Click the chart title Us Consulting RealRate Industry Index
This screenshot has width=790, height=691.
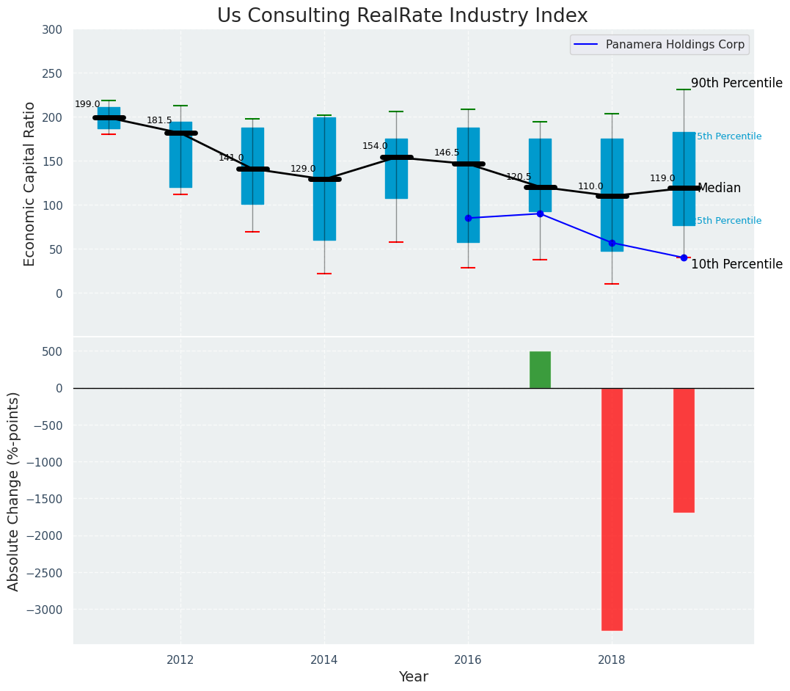[402, 16]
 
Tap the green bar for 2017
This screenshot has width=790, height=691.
[540, 370]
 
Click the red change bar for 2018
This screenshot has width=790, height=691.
[612, 509]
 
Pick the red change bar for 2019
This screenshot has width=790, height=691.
[684, 450]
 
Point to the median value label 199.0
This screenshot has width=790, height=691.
[87, 105]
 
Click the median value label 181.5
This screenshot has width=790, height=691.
[159, 121]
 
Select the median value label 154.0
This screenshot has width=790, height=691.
[375, 147]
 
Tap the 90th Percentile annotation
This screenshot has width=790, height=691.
[736, 84]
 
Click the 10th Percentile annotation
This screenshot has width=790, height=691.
[736, 265]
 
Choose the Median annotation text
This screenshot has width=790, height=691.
[719, 189]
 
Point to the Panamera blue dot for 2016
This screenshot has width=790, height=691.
[468, 218]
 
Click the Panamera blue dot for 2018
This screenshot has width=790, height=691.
[612, 243]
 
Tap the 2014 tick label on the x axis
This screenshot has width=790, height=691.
[324, 660]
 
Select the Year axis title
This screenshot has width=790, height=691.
[413, 677]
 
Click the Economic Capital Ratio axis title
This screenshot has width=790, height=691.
[30, 183]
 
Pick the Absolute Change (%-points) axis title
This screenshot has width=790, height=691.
[14, 491]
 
